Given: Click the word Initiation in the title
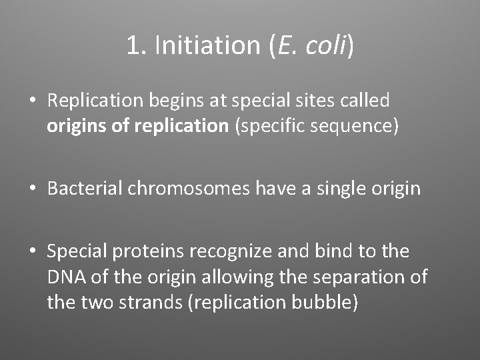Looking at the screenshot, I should tap(206, 45).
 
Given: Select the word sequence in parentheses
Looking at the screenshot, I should tap(357, 127).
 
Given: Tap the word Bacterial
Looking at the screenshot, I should tap(85, 189).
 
